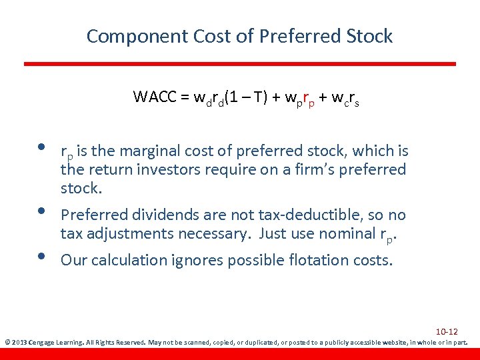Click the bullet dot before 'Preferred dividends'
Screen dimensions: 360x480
click(x=41, y=211)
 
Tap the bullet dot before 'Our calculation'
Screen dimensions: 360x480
click(x=41, y=257)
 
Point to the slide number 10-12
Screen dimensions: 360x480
click(x=446, y=331)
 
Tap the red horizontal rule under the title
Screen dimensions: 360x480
click(x=240, y=64)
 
